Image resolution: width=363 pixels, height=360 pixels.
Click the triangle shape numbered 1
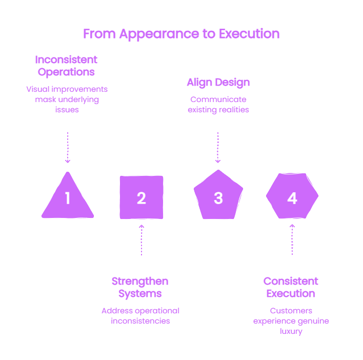pos(68,199)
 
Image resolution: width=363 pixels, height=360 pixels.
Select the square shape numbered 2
pos(142,197)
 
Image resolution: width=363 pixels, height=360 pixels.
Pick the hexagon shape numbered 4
pos(292,196)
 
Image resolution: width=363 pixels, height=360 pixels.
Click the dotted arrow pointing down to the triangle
pos(68,148)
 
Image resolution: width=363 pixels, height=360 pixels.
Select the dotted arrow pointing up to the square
pos(142,240)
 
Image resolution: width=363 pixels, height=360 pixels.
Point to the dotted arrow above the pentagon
pos(218,148)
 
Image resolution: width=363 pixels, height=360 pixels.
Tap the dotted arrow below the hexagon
pos(292,239)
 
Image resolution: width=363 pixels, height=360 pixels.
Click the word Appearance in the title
pos(159,34)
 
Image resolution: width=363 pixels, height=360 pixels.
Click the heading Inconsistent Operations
pos(66,66)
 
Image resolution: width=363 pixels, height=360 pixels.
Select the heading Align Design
pos(218,83)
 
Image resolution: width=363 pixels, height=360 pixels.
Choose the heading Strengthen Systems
pos(140,288)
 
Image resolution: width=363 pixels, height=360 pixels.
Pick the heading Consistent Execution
pos(291,287)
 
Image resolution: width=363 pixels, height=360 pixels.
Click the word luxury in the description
pos(291,331)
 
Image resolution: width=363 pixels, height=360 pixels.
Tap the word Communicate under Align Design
pos(218,99)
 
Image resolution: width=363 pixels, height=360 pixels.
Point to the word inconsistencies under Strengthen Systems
pos(140,321)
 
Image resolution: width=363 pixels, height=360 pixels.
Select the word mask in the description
pos(46,99)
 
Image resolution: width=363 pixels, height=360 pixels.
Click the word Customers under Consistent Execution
pos(291,311)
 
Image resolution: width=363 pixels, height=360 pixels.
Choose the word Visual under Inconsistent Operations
pos(38,89)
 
